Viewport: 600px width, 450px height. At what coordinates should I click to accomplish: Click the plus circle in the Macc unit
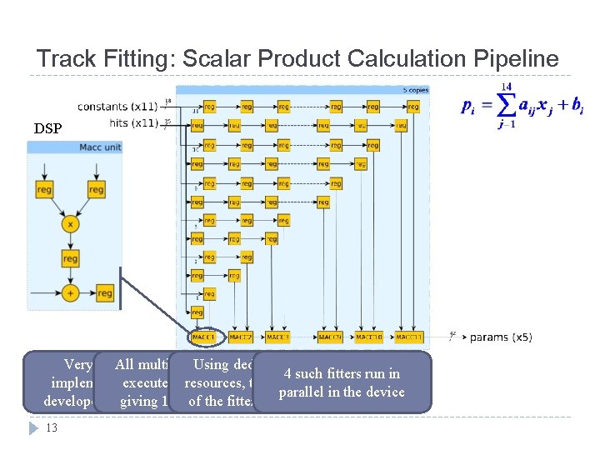click(x=71, y=292)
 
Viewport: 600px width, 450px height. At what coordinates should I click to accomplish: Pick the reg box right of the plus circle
click(x=104, y=292)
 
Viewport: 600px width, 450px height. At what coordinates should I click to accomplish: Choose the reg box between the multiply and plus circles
click(x=71, y=259)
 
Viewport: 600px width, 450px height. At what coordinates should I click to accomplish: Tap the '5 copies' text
click(x=414, y=89)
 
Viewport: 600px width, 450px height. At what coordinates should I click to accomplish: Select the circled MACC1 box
click(x=202, y=337)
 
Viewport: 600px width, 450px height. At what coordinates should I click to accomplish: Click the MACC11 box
click(x=409, y=337)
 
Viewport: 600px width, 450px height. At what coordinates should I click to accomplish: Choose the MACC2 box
click(x=241, y=337)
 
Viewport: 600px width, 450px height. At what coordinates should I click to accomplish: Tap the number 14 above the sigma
click(x=505, y=86)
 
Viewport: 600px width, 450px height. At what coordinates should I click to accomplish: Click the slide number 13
click(x=51, y=428)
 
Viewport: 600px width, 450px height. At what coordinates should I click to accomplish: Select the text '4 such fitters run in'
click(x=342, y=373)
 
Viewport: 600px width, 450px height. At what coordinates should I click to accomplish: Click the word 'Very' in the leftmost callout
click(x=79, y=364)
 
